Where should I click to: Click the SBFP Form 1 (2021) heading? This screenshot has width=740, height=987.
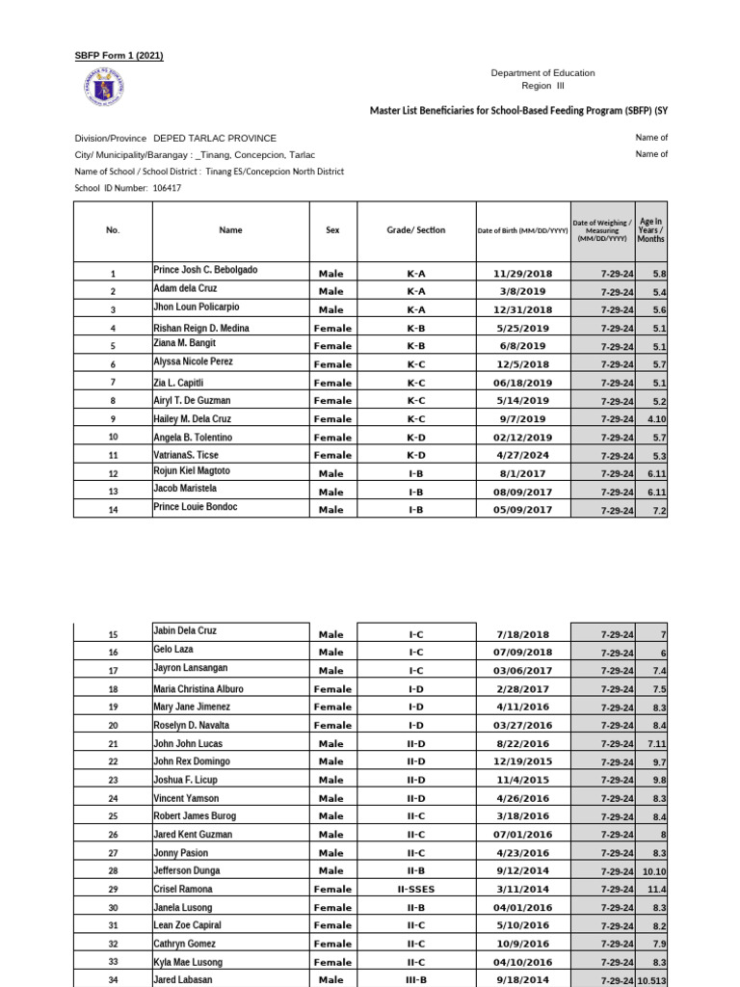click(119, 55)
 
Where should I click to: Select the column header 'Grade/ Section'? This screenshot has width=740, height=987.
click(416, 230)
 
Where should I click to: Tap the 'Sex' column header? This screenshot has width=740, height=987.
click(332, 230)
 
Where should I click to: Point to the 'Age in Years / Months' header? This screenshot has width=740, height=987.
click(651, 229)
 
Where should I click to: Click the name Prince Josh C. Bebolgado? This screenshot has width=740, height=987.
click(205, 270)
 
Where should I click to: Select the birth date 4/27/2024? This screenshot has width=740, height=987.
click(522, 456)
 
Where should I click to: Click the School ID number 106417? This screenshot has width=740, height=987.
click(167, 188)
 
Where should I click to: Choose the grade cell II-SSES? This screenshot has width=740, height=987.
click(416, 890)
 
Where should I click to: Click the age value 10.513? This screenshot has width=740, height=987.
click(651, 981)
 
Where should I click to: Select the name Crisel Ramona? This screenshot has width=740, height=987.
click(183, 889)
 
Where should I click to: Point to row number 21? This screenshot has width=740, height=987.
click(113, 744)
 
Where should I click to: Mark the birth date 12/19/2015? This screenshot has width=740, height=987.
click(522, 762)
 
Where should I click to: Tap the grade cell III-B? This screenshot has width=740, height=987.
click(416, 981)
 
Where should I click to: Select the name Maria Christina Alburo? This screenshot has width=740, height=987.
click(198, 689)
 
